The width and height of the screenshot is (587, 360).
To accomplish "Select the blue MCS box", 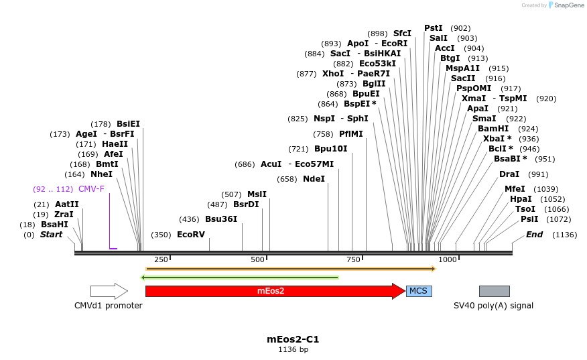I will (419, 291).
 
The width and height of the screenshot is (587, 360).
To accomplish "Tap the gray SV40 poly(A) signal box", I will (494, 291).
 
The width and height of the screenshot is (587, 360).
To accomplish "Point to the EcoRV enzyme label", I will (190, 235).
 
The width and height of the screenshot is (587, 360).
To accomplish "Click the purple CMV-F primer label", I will (91, 189).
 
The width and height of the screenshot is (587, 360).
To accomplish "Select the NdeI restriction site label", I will (314, 179).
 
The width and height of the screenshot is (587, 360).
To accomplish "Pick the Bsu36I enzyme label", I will (221, 219).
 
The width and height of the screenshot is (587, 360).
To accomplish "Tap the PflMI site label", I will (350, 133).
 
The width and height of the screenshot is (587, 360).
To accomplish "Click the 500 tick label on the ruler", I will (257, 259).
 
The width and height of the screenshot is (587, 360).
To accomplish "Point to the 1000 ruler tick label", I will (447, 259).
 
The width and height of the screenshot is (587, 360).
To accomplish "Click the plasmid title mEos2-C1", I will (293, 339).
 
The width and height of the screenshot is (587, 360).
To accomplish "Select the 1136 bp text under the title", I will (293, 349).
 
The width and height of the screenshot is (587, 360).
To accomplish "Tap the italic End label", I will (534, 235).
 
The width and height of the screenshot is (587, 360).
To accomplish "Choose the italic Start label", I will (51, 235).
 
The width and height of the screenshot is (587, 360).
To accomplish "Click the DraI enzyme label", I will (509, 174).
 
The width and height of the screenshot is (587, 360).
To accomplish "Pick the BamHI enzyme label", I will (493, 129).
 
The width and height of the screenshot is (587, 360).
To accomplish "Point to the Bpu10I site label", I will (330, 149).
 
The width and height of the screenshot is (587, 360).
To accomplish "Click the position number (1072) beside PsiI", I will (558, 219).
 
